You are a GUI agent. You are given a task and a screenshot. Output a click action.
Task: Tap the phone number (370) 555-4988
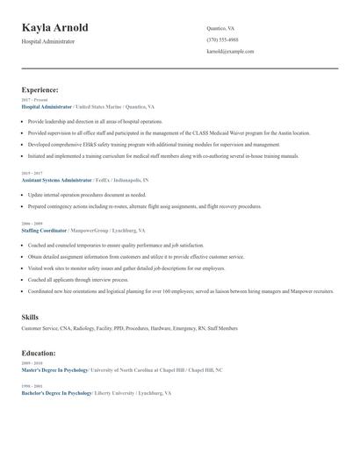222,39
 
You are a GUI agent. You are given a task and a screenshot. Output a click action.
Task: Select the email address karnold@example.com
230,52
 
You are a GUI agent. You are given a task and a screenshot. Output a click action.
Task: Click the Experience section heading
40,89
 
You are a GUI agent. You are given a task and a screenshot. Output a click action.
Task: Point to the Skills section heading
30,316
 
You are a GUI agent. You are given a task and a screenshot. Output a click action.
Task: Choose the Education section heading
39,353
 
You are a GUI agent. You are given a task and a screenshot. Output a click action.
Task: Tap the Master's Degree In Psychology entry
54,370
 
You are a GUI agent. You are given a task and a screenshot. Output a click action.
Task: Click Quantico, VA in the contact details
220,28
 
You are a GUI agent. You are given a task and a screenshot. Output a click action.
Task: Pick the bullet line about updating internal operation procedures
87,195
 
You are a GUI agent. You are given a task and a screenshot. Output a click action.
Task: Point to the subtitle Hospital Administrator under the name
48,41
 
